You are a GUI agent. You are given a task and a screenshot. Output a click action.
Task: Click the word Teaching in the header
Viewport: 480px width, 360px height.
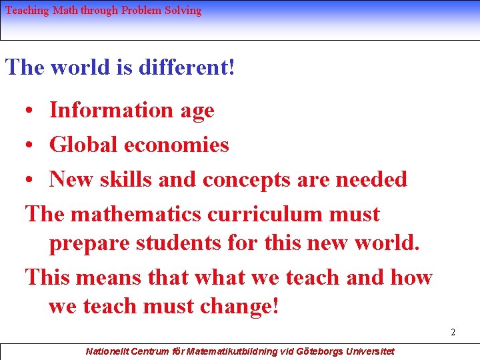coord(26,11)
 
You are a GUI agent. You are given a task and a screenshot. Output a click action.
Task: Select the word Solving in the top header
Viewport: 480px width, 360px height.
coord(183,11)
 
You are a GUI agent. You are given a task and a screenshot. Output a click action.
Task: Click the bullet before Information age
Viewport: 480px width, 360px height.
coord(31,111)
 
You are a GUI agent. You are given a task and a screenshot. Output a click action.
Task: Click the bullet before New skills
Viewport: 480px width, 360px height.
coord(31,180)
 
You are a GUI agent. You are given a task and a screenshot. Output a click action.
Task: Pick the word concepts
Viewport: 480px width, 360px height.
coord(249,179)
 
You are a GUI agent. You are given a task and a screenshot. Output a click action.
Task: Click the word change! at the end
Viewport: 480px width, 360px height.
coord(236,307)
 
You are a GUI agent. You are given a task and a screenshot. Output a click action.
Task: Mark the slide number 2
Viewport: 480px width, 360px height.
coord(453,332)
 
